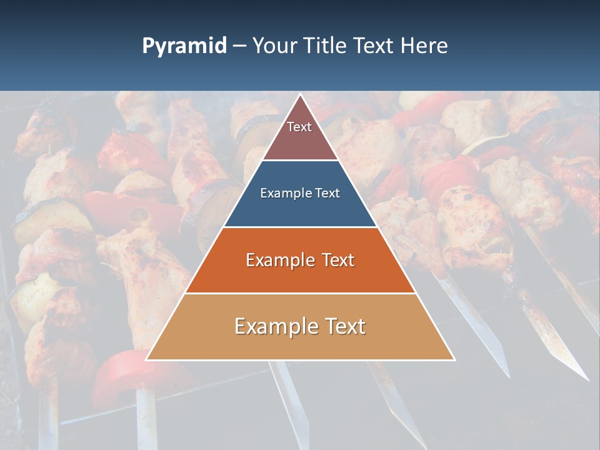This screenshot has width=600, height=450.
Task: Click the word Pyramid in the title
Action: point(184,46)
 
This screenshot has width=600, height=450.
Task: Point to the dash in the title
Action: point(239,46)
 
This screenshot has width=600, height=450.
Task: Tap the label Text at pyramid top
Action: point(299,127)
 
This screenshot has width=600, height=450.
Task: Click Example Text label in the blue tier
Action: point(300,193)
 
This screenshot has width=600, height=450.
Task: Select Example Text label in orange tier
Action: point(300,260)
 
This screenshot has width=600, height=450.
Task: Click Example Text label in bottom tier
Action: point(300,326)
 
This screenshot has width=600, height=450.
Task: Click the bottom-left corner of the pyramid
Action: point(147,359)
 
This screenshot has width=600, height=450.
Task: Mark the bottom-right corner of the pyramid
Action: point(454,359)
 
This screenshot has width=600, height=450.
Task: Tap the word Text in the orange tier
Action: point(336,260)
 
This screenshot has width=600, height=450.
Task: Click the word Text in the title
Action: point(374,46)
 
